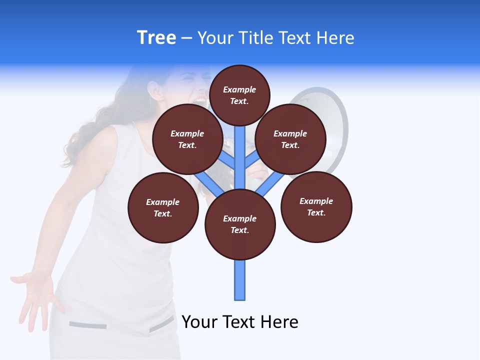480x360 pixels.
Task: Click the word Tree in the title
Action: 156,37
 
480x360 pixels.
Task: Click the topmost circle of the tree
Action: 239,95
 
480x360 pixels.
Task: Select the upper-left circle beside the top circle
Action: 187,139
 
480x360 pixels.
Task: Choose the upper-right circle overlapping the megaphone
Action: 290,139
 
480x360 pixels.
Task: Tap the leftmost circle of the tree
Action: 163,207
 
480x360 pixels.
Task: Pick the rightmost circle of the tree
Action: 316,206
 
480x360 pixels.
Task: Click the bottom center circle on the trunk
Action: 240,224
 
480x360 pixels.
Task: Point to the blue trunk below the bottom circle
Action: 240,280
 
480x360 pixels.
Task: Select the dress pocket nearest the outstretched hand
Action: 87,325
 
